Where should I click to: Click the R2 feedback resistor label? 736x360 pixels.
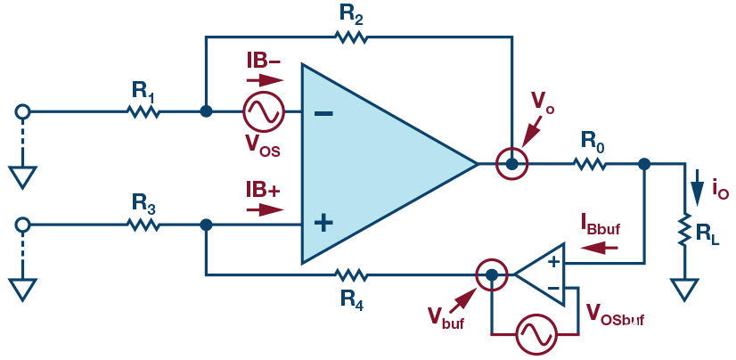(350, 14)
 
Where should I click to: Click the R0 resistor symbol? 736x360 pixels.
(590, 164)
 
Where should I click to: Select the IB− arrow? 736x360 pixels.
(266, 80)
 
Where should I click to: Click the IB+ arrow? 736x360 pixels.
(266, 210)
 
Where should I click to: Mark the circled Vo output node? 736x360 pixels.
(511, 164)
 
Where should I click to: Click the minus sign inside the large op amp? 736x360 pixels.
(324, 114)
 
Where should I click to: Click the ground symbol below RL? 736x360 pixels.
(684, 290)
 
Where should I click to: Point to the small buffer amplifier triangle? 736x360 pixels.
(544, 274)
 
